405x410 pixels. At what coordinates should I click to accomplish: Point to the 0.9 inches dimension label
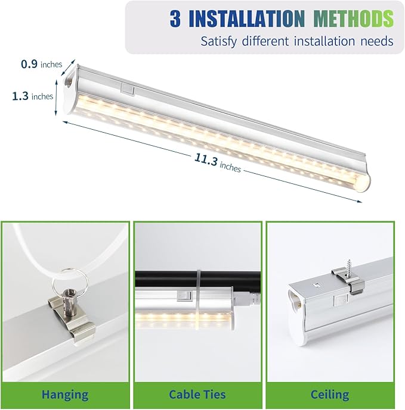(x=41, y=64)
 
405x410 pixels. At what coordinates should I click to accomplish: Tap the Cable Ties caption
(x=197, y=394)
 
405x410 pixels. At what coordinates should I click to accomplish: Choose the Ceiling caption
(x=329, y=394)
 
